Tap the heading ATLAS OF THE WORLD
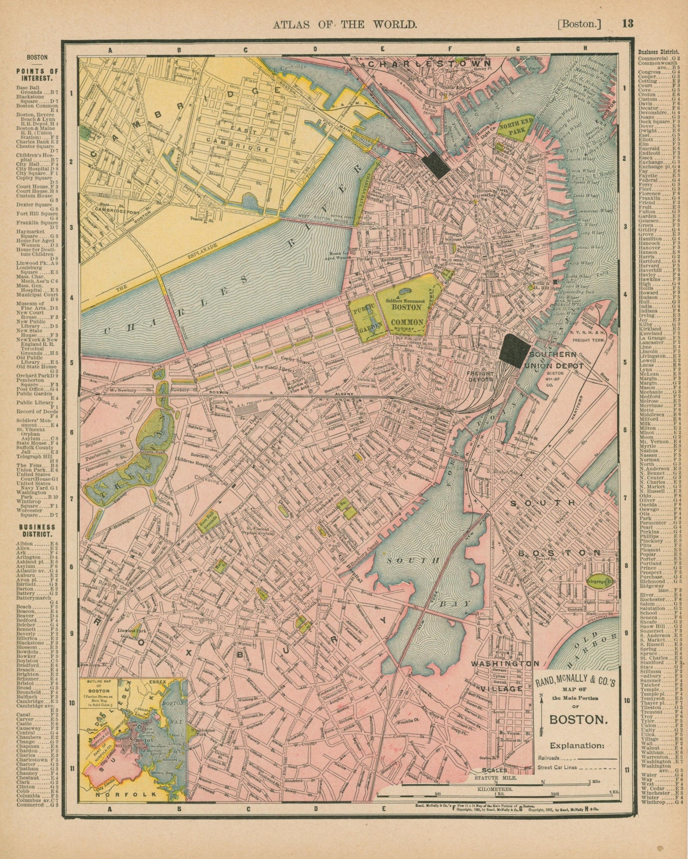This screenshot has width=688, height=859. [345, 24]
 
